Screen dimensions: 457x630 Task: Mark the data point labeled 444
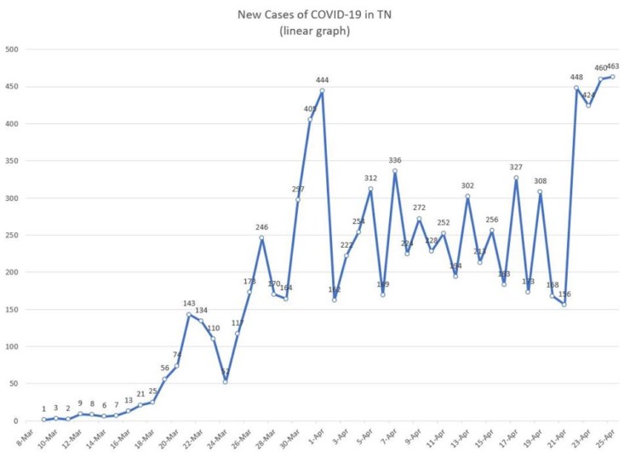322,91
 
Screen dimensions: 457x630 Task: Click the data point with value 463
612,77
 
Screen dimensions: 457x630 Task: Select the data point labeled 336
395,171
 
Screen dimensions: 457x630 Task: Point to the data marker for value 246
262,237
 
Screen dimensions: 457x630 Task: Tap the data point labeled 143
189,314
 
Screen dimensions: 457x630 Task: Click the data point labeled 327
516,178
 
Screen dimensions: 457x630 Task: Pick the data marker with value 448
576,88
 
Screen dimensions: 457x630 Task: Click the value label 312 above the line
370,178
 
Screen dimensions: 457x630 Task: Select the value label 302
467,186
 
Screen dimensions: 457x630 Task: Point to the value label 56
164,368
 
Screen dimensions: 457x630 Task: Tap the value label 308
540,181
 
